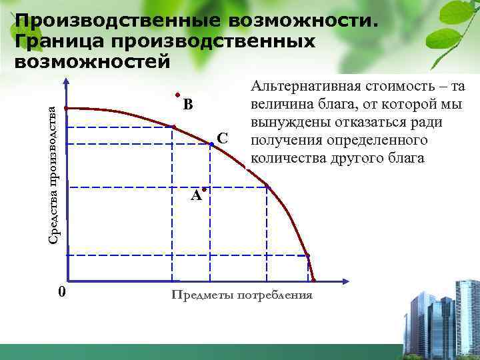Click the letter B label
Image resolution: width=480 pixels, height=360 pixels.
[x=189, y=105]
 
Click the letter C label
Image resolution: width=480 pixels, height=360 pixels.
[x=223, y=139]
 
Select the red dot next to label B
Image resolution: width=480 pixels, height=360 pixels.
[x=178, y=95]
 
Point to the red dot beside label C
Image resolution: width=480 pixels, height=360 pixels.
[x=211, y=143]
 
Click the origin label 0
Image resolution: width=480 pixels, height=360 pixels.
[x=61, y=292]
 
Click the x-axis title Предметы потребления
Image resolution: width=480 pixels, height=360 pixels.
[x=241, y=295]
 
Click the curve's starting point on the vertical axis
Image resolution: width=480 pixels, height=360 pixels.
[x=67, y=108]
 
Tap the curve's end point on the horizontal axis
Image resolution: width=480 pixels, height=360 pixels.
[x=313, y=280]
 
